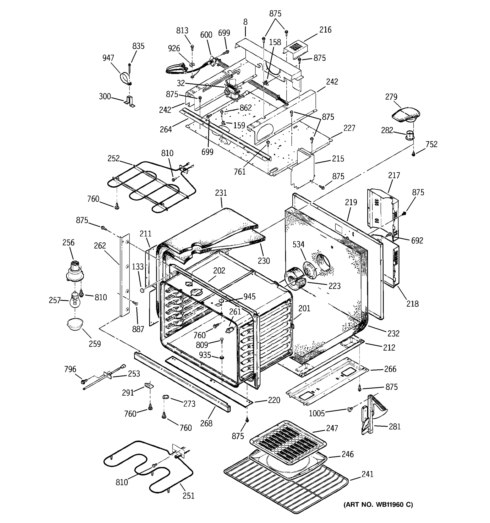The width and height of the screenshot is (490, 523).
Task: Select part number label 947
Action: click(x=108, y=58)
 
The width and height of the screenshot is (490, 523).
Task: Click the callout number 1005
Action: click(x=316, y=413)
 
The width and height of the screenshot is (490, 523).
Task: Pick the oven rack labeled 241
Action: click(x=287, y=487)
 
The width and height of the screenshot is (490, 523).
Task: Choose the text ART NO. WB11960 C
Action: click(x=378, y=504)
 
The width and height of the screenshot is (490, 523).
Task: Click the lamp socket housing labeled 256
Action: click(x=75, y=271)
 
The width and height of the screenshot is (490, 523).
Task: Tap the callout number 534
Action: click(x=298, y=245)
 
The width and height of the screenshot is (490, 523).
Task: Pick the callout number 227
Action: click(x=349, y=128)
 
